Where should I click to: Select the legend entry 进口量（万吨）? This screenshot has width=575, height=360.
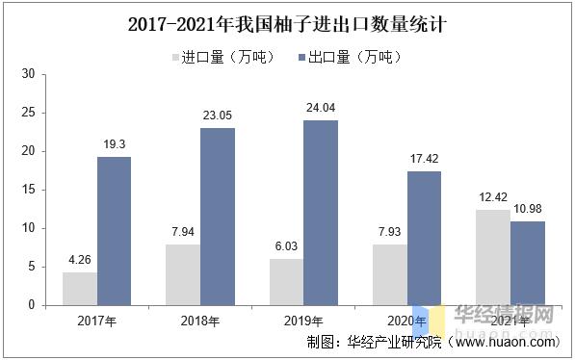pyautogui.click(x=216, y=57)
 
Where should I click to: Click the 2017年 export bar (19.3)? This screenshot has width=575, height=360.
pyautogui.click(x=114, y=231)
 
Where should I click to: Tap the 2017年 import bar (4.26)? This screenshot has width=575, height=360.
pyautogui.click(x=80, y=289)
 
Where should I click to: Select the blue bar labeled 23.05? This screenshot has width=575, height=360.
pyautogui.click(x=218, y=217)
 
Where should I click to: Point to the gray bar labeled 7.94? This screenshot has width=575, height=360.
pyautogui.click(x=184, y=274)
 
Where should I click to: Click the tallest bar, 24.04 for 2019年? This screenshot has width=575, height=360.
pyautogui.click(x=321, y=213)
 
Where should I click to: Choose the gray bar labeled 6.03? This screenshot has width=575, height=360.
pyautogui.click(x=287, y=282)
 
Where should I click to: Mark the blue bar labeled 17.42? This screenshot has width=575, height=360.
pyautogui.click(x=425, y=238)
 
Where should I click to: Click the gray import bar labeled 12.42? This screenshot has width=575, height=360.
pyautogui.click(x=493, y=257)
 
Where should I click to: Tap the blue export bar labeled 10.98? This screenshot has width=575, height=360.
pyautogui.click(x=528, y=263)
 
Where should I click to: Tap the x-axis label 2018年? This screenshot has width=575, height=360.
pyautogui.click(x=200, y=321)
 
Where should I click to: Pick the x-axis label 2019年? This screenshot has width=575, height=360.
pyautogui.click(x=303, y=321)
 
